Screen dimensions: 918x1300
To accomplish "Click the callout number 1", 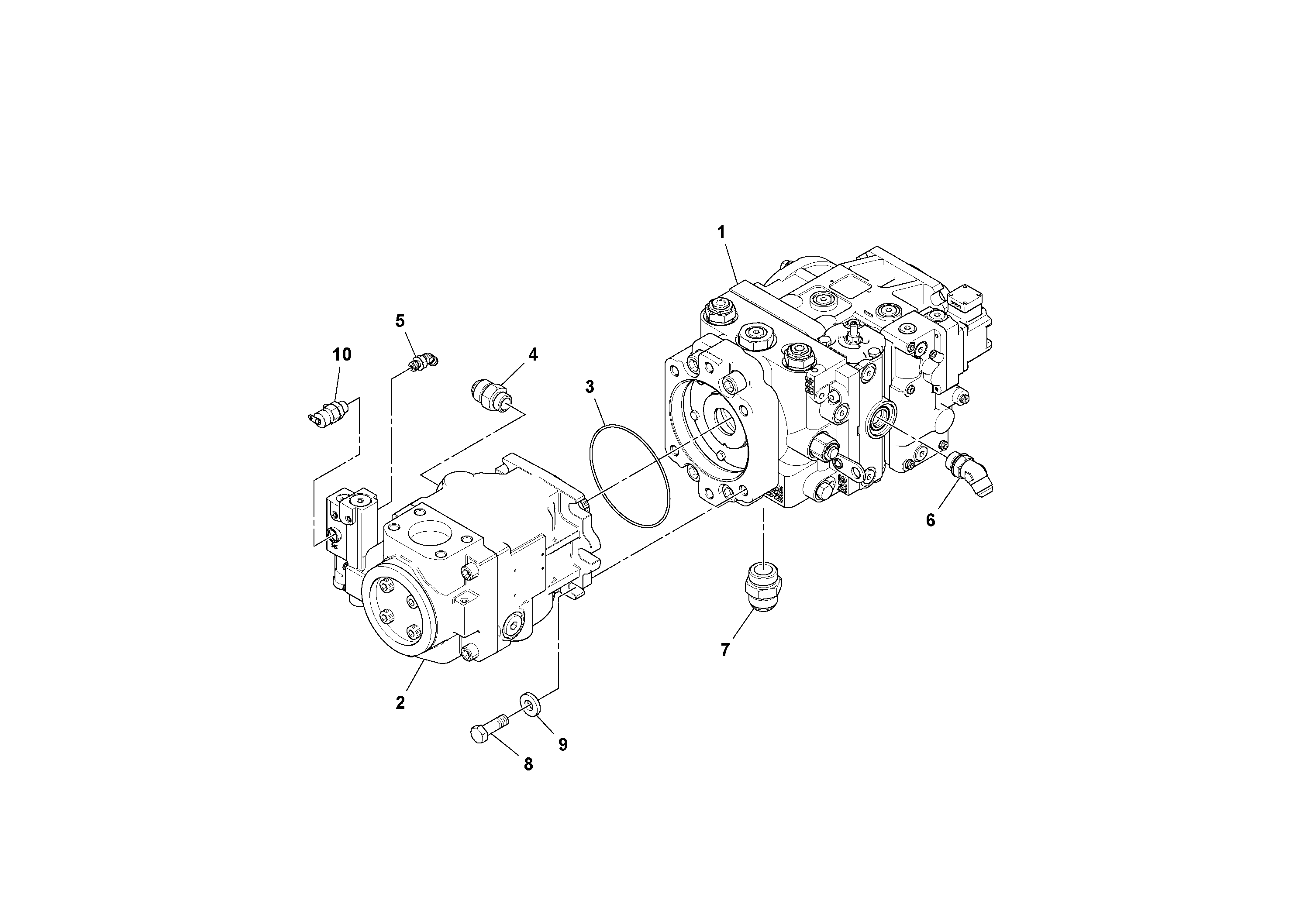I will click(721, 232).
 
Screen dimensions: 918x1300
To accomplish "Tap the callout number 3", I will click(590, 387).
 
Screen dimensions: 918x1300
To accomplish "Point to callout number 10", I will click(342, 355).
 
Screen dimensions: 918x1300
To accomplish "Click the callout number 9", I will click(563, 744).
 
